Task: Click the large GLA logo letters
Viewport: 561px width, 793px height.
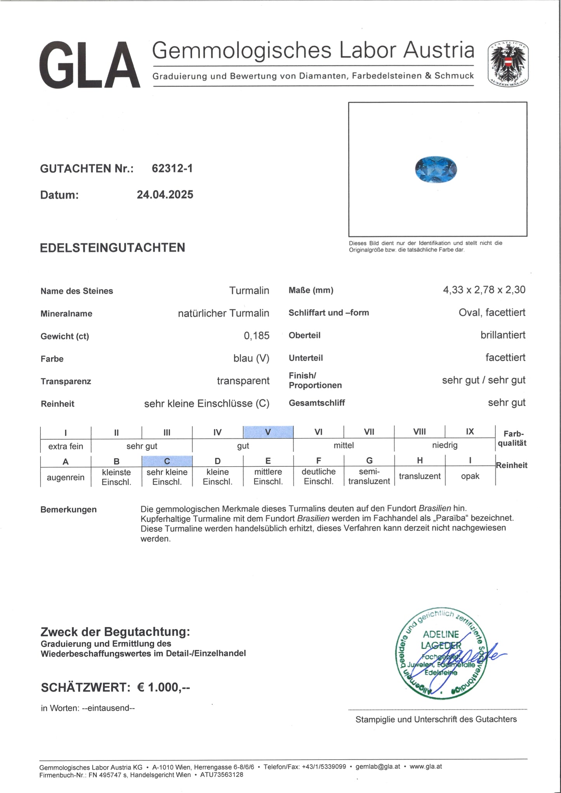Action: (x=90, y=66)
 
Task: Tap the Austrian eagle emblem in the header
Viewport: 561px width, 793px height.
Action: (x=508, y=63)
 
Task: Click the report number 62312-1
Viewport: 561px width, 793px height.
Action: (x=172, y=168)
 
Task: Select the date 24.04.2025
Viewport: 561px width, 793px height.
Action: (x=165, y=194)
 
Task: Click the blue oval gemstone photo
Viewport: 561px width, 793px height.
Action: (x=436, y=169)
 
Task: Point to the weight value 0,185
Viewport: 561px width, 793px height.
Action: (x=256, y=336)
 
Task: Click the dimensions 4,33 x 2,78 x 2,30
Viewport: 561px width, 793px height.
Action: (x=484, y=290)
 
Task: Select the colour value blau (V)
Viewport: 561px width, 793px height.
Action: (x=251, y=358)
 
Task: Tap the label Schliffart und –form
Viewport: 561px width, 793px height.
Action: (x=328, y=313)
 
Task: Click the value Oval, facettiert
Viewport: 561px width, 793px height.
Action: (x=492, y=312)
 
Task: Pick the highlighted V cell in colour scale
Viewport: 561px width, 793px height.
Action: (x=268, y=432)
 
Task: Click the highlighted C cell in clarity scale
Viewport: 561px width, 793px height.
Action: (x=167, y=461)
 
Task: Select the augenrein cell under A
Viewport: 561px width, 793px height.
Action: (x=66, y=477)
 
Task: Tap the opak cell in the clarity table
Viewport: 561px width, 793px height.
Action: (x=470, y=476)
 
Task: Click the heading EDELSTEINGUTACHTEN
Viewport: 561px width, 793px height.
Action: (x=113, y=248)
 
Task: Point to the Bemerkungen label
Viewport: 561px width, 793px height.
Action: (x=68, y=509)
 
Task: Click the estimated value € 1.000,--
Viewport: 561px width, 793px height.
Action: (x=163, y=687)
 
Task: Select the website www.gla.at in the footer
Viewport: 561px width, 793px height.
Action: (x=426, y=766)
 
